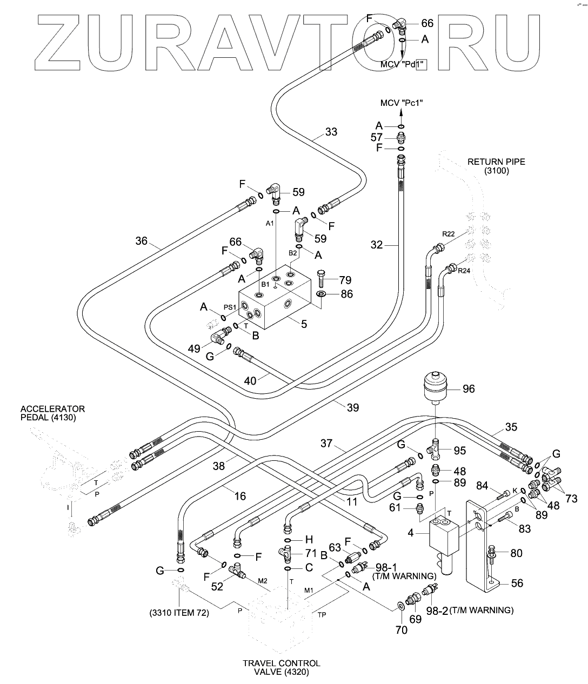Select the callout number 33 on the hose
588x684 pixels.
(331, 131)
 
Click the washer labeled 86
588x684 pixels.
(321, 294)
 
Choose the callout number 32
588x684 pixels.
(377, 245)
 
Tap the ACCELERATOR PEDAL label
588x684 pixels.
(53, 413)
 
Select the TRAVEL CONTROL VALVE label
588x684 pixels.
(281, 667)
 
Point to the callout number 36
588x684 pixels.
(141, 241)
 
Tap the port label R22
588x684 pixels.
(448, 234)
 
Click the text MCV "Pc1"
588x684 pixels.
(402, 103)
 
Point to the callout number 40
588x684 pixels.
(250, 380)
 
